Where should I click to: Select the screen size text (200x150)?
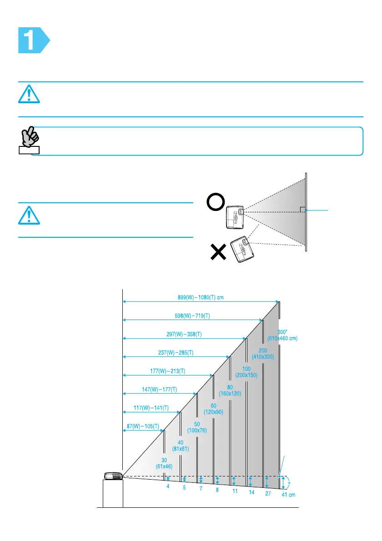tap(246, 375)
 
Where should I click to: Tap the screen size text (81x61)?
tap(181, 448)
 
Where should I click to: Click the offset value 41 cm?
tap(288, 495)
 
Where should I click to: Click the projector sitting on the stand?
tap(113, 476)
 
